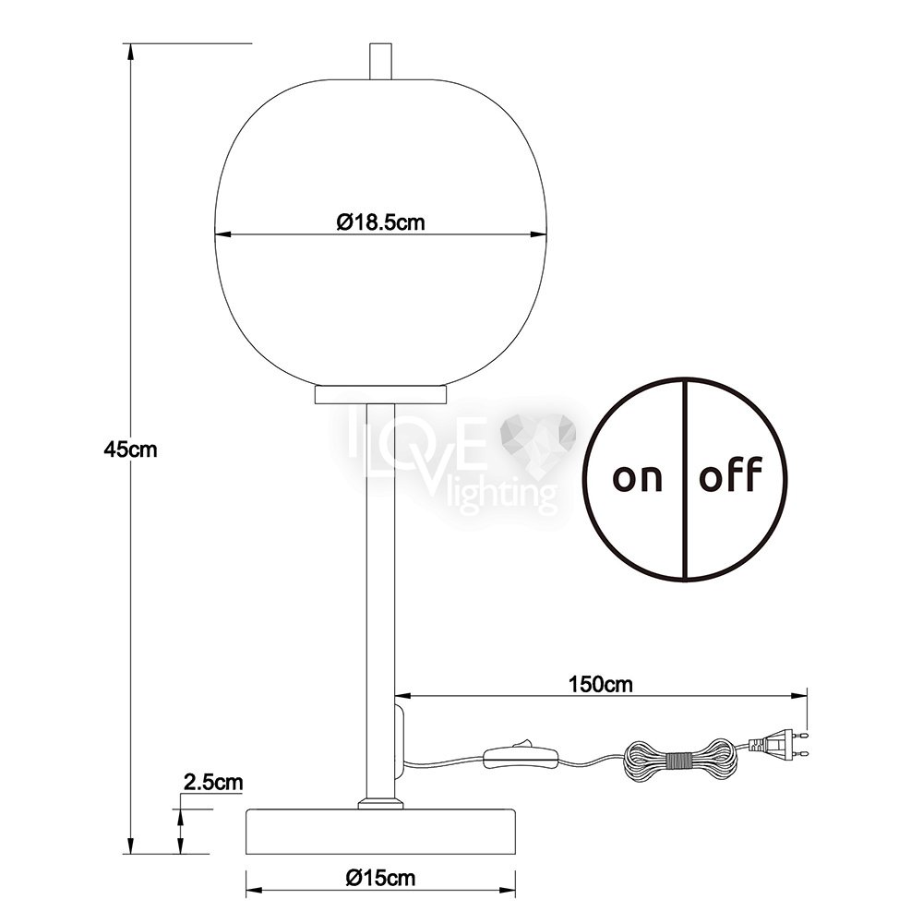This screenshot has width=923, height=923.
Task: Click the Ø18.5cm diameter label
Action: click(380, 222)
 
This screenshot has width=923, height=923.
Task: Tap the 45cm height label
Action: click(131, 450)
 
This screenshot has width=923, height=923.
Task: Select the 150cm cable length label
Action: click(601, 684)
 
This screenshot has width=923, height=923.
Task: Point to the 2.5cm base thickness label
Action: click(213, 783)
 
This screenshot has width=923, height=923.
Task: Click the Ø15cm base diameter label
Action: click(381, 879)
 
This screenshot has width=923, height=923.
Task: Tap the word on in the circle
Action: click(638, 478)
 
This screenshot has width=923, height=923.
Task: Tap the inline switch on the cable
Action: click(521, 757)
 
